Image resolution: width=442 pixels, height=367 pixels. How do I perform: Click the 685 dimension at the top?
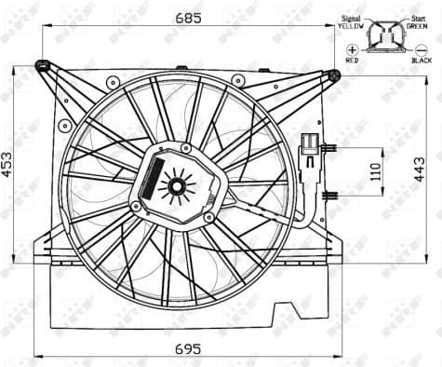click(192, 16)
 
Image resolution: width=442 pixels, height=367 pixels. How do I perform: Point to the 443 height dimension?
click(432, 167)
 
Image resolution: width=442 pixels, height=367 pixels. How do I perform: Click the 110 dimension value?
click(376, 172)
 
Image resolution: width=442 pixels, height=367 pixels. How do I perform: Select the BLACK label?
click(421, 60)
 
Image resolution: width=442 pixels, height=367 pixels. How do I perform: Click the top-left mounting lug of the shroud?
click(42, 65)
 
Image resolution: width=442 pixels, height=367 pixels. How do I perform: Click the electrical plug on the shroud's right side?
click(310, 151)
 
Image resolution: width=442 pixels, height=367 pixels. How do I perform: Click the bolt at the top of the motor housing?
click(189, 146)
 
